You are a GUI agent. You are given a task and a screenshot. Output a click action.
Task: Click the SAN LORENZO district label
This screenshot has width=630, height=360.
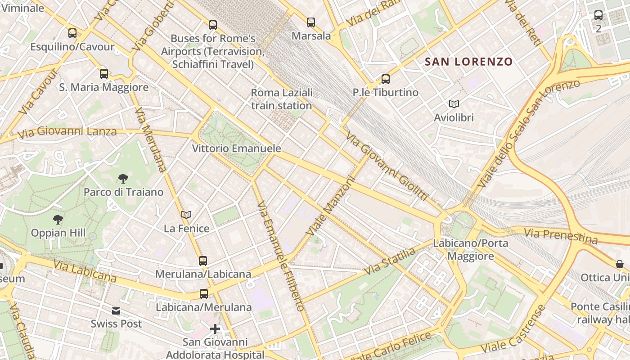click(x=468, y=62)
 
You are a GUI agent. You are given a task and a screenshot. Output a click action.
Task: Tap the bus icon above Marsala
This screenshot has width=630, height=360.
click(x=311, y=22)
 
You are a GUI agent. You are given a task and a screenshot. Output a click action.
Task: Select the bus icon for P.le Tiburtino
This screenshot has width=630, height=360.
click(x=386, y=79)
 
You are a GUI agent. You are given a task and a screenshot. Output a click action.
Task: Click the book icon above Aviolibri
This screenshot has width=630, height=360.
click(x=454, y=104)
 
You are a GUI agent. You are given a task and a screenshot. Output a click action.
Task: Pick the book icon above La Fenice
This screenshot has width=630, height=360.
click(x=186, y=215)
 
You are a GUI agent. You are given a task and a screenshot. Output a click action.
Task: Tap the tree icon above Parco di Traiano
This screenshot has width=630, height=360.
click(x=123, y=179)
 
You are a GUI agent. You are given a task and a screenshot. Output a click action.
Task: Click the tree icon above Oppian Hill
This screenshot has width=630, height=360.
click(x=58, y=220)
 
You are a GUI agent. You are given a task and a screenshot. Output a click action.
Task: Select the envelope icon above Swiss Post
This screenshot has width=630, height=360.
click(x=116, y=310)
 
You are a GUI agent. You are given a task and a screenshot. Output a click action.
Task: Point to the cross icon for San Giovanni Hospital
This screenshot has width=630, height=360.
click(x=215, y=329)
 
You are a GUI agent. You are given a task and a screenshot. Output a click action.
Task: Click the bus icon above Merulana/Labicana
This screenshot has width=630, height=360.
click(x=203, y=261)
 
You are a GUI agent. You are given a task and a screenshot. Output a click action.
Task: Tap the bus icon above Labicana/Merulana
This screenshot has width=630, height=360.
click(x=204, y=294)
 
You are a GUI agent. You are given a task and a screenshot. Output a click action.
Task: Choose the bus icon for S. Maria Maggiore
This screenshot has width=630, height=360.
click(x=104, y=74)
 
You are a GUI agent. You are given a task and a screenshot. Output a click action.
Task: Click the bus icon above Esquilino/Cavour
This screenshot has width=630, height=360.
click(x=72, y=33)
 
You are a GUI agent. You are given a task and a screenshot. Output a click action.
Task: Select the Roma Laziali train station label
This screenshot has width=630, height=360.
click(x=281, y=99)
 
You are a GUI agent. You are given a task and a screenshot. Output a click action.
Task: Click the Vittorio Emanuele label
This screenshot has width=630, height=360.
click(x=236, y=148)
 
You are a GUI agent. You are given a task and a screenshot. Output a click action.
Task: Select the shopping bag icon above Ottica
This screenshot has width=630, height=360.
click(x=620, y=264)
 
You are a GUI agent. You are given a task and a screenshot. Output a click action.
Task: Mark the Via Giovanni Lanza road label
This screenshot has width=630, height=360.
click(x=67, y=131)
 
